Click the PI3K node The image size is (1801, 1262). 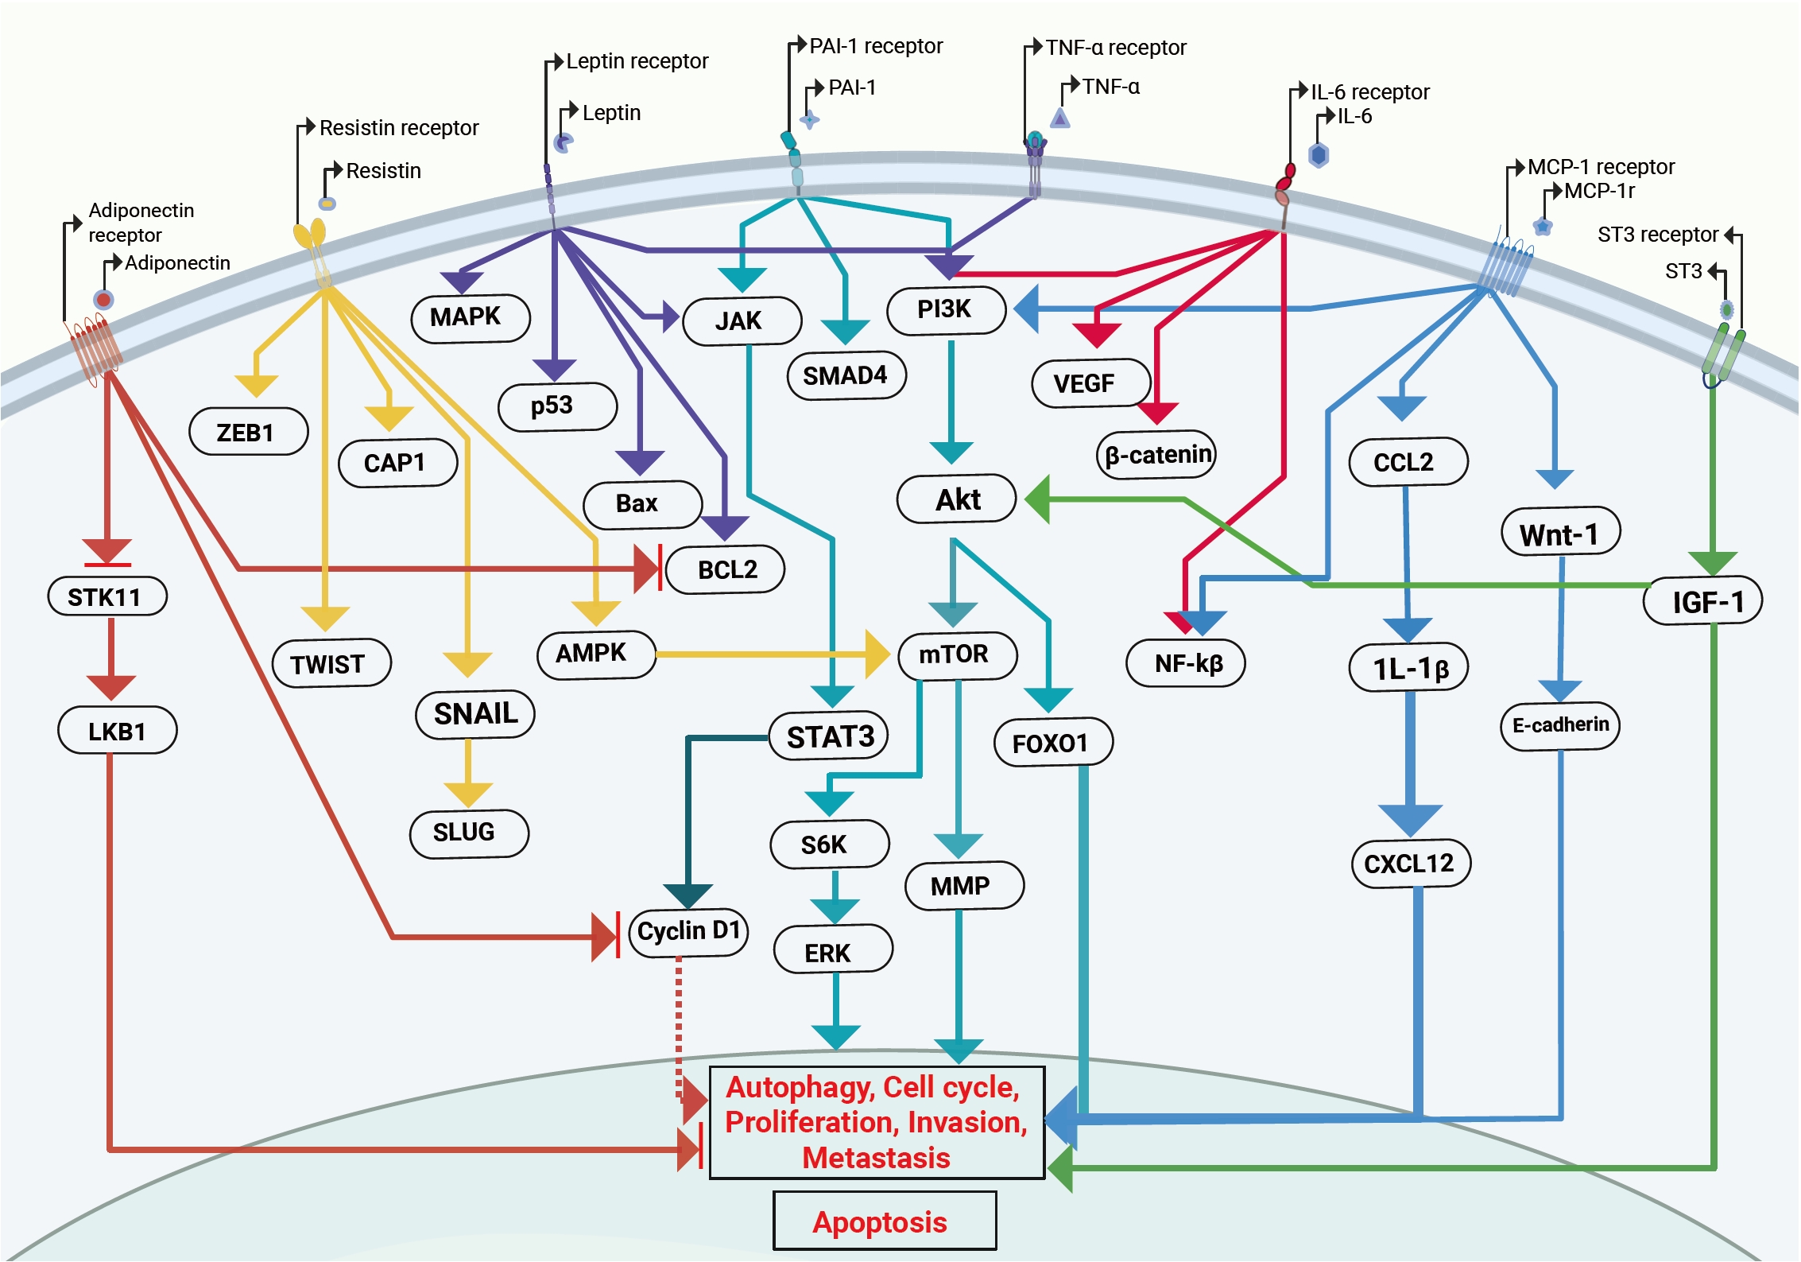pos(946,309)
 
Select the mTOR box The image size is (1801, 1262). pos(957,655)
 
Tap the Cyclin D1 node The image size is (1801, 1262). pos(688,932)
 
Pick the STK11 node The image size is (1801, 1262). pos(107,596)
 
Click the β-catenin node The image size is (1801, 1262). pos(1156,455)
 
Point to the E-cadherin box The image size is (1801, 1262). pos(1560,725)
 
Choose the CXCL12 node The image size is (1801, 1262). pos(1412,863)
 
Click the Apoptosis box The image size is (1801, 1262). pos(885,1221)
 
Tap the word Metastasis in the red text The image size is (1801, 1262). pos(876,1158)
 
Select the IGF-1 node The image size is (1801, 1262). pos(1703,601)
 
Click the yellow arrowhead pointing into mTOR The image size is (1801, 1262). pos(877,654)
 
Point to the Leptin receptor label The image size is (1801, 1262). pos(637,61)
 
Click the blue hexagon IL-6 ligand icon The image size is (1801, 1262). pos(1319,155)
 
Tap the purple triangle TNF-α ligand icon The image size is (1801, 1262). pos(1059,118)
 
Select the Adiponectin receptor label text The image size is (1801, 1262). pos(141,223)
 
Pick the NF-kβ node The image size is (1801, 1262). pos(1186,663)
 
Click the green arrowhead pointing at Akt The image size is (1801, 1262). pos(1037,499)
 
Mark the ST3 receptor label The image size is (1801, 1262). pos(1658,235)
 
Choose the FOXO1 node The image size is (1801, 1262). pos(1054,743)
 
